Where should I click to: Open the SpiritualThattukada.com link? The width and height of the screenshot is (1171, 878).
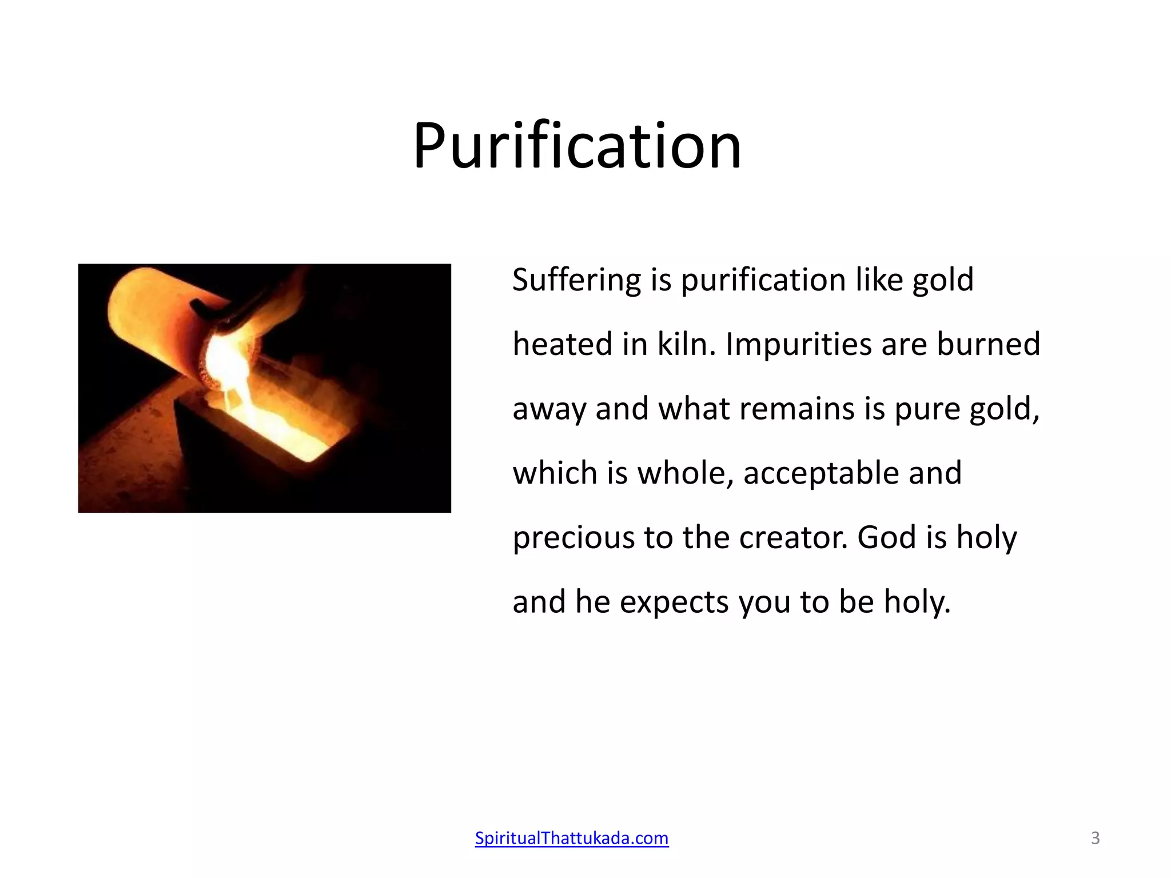[571, 838]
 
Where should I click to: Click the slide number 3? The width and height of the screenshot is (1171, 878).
[1095, 838]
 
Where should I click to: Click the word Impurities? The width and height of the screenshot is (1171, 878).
[798, 345]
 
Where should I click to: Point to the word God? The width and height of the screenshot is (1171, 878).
[886, 538]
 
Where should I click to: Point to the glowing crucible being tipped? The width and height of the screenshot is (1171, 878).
[166, 320]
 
